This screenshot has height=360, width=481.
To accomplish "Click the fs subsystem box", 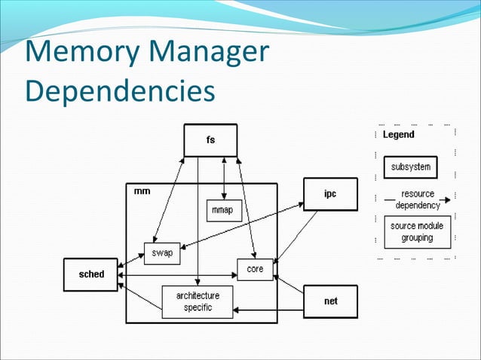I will (x=210, y=141).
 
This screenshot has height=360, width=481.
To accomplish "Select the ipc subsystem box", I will (x=330, y=194).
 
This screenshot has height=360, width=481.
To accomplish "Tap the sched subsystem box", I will (x=93, y=275).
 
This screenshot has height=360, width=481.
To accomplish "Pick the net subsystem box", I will (x=330, y=301).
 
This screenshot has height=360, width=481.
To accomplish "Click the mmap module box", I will (x=224, y=210).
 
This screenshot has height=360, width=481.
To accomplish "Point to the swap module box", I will (x=162, y=253).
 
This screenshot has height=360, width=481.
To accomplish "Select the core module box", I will (x=255, y=269).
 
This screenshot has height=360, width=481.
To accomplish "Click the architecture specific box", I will (x=198, y=301).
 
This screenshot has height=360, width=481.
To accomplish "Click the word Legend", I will (x=398, y=135).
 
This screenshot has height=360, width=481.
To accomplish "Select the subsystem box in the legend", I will (x=411, y=166).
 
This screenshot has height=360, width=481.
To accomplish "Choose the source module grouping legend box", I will (x=417, y=232).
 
